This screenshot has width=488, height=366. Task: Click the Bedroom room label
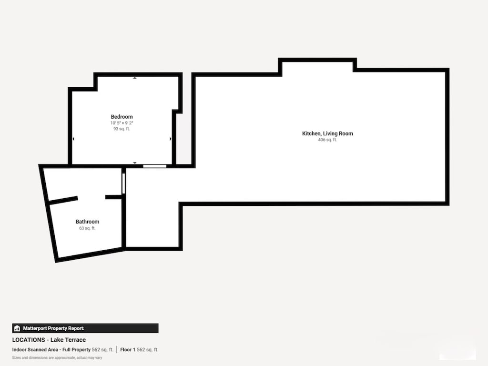(x=122, y=117)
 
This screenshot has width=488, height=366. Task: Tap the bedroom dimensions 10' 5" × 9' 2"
(x=122, y=123)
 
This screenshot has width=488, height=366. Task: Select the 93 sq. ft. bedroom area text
(x=122, y=129)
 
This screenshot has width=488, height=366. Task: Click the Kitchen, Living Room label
(x=327, y=133)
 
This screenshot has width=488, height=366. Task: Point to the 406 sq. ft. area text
(x=327, y=140)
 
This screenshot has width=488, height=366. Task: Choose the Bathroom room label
(x=87, y=222)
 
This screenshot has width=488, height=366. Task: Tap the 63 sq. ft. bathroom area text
(x=87, y=228)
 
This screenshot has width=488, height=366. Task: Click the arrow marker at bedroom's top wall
(x=134, y=78)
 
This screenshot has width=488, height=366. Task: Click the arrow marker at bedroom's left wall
(x=73, y=139)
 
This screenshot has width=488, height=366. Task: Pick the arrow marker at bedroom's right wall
(x=171, y=139)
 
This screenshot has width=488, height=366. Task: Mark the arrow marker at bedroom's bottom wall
(x=135, y=163)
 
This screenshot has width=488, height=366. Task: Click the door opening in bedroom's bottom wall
(x=155, y=166)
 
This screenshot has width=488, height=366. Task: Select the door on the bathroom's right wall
(x=123, y=183)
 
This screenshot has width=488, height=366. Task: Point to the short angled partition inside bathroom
(x=63, y=200)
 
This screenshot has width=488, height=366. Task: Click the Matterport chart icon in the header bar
(x=17, y=328)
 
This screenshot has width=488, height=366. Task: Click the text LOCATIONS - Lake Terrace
(x=49, y=340)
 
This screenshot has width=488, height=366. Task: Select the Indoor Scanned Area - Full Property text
(x=51, y=350)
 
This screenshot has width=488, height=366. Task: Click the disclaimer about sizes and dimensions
(x=57, y=357)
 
